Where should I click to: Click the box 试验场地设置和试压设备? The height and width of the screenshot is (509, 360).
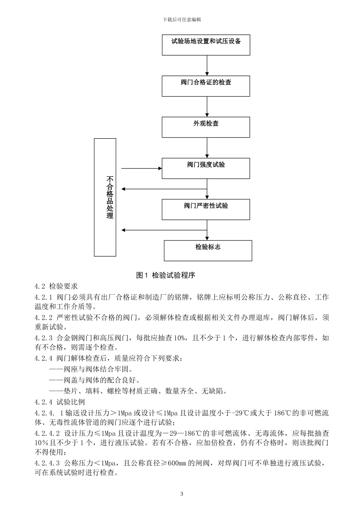click(x=206, y=45)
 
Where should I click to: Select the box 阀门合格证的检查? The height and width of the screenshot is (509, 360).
click(x=206, y=86)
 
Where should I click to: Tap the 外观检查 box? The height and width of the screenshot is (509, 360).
click(x=206, y=127)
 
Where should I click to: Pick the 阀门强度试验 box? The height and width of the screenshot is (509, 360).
click(x=206, y=168)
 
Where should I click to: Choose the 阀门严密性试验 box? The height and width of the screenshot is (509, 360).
click(x=206, y=209)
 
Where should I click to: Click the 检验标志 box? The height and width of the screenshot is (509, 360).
click(x=208, y=250)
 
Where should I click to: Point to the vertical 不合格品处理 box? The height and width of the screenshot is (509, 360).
click(x=105, y=197)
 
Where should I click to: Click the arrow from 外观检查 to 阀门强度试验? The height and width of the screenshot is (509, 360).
click(x=207, y=148)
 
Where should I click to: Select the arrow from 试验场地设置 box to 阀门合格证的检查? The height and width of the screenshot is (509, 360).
click(x=207, y=66)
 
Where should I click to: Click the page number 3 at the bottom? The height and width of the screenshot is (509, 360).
click(x=182, y=494)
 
